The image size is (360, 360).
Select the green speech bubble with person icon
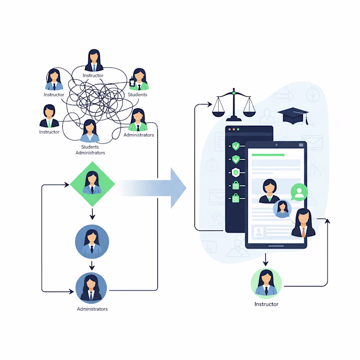(x=299, y=192)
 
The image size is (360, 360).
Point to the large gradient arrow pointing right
(x=154, y=188)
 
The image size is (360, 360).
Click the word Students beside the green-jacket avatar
(x=137, y=95)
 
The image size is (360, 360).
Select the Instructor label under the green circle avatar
(x=266, y=304)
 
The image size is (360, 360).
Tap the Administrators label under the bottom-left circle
(x=92, y=309)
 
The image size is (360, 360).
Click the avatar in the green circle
(x=266, y=283)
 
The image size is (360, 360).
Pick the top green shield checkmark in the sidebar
(x=236, y=146)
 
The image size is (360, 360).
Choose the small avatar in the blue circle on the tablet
(x=282, y=208)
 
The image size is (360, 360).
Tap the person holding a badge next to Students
(x=138, y=79)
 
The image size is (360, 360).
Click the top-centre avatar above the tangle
(x=93, y=61)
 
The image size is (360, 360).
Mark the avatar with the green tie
(x=49, y=116)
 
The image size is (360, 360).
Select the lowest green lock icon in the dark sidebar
(x=236, y=197)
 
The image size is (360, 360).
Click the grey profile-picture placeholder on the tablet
(x=259, y=232)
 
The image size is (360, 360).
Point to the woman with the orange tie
(x=303, y=224)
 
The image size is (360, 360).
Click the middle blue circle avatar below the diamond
(x=92, y=241)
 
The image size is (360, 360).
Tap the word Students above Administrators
(x=90, y=147)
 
